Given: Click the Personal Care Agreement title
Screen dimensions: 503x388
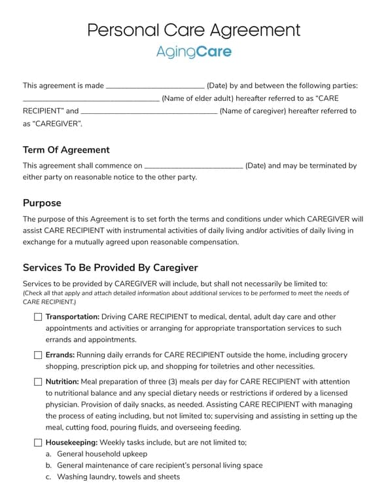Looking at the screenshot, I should tap(194, 30).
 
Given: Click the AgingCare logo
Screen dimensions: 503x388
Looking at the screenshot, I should tap(194, 52).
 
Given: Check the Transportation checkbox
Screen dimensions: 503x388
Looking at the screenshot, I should tap(37, 317).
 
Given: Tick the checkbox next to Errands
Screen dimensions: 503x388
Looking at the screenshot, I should tap(37, 355).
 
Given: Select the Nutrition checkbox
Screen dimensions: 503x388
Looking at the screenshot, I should tap(37, 382).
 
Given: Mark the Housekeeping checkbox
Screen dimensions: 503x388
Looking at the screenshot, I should tap(37, 443).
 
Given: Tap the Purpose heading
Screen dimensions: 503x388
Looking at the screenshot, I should tap(42, 203).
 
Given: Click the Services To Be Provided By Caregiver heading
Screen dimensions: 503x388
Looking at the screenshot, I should tap(110, 268).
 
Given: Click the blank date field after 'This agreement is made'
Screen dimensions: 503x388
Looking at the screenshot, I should tap(155, 86).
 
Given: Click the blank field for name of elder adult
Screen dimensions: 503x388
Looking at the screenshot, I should tap(91, 99).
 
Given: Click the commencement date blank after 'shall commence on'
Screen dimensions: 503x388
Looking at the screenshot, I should tap(194, 166).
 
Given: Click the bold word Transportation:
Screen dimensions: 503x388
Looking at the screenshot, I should tap(73, 316).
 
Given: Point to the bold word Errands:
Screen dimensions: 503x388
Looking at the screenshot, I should tap(60, 355).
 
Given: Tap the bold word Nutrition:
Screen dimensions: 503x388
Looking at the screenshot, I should tap(62, 382).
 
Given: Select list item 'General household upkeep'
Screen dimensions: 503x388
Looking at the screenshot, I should tap(102, 454).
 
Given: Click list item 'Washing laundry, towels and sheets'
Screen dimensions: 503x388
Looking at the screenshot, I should tap(118, 477).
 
